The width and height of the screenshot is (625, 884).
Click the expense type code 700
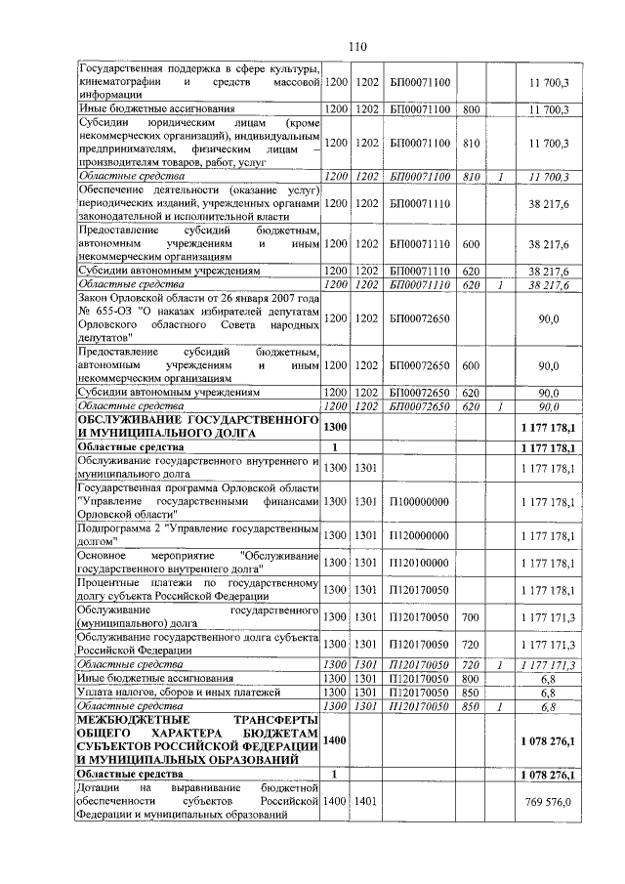pyautogui.click(x=470, y=617)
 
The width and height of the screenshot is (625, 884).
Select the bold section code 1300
pyautogui.click(x=335, y=426)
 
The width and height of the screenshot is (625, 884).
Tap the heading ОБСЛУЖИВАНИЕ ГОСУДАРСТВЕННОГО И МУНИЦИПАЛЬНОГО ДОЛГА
pyautogui.click(x=199, y=426)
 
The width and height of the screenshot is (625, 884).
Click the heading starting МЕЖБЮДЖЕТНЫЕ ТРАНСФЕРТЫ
pyautogui.click(x=199, y=741)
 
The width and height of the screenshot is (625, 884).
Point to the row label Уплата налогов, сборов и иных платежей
pyautogui.click(x=176, y=692)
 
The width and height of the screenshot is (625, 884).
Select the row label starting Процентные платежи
pyautogui.click(x=199, y=589)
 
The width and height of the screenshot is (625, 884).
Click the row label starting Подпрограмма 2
pyautogui.click(x=199, y=534)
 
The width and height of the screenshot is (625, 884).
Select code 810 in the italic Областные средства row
pyautogui.click(x=470, y=176)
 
